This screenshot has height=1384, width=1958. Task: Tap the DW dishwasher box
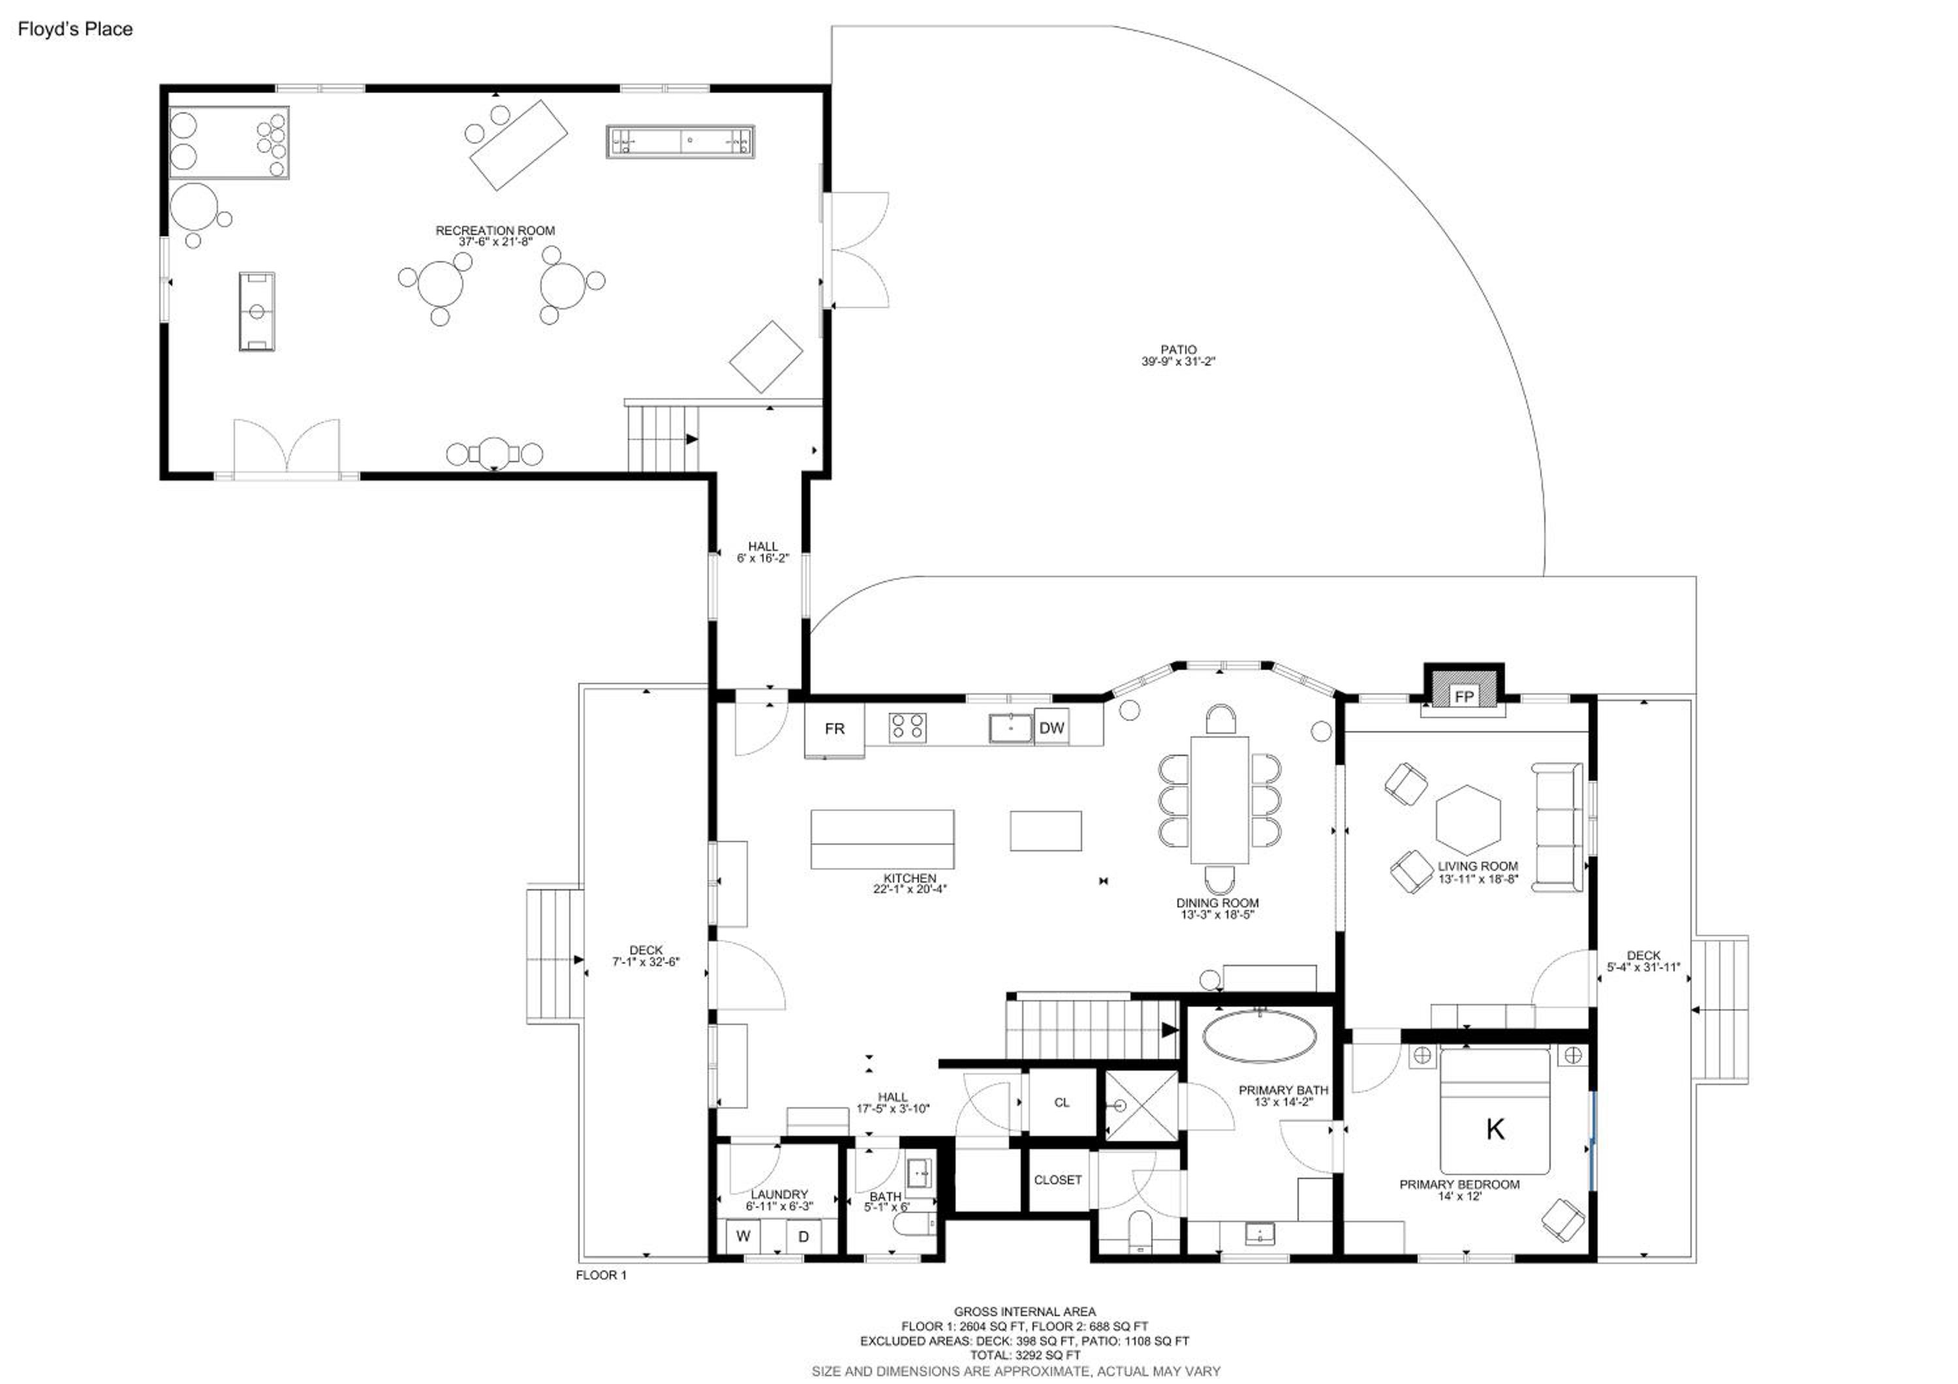(1051, 727)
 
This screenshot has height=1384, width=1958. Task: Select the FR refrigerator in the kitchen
(834, 729)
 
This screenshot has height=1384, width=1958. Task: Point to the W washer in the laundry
(743, 1236)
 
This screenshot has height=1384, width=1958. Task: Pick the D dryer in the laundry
(803, 1236)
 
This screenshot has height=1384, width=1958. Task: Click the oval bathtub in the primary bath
(1259, 1035)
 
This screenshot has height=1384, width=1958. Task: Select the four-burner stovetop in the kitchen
(907, 727)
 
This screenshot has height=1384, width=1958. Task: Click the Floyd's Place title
(75, 29)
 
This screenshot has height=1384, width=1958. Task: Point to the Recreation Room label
(495, 230)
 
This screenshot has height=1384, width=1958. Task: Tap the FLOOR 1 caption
(601, 1275)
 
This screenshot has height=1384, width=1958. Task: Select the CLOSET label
(1057, 1180)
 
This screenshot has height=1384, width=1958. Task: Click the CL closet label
(1062, 1103)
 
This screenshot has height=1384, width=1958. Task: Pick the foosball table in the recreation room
(256, 311)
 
